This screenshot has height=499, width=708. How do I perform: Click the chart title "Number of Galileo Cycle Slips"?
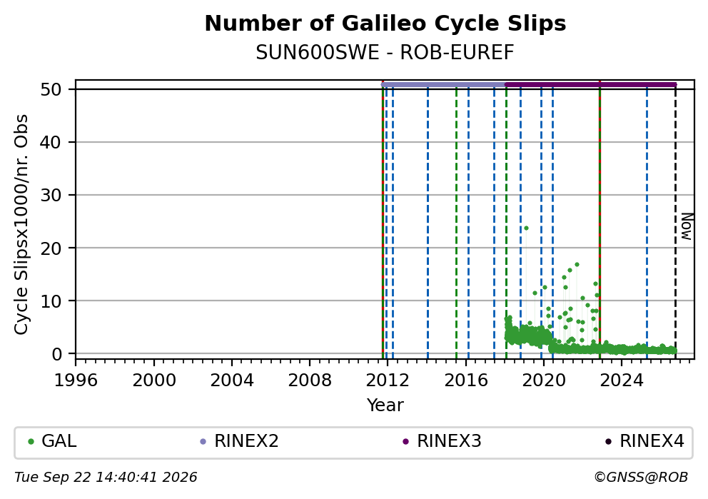tap(385, 24)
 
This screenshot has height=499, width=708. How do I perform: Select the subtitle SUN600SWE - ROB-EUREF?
tap(385, 53)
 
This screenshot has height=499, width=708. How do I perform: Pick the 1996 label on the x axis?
tap(76, 380)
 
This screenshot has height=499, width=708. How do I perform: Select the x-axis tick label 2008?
tap(310, 380)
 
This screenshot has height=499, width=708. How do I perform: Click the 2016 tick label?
tap(466, 380)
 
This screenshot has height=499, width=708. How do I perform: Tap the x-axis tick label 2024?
tap(622, 380)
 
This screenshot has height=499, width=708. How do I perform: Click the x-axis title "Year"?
tap(385, 405)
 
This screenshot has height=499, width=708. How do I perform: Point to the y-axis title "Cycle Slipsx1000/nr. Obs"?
tap(21, 224)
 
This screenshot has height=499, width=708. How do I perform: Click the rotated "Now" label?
tap(687, 227)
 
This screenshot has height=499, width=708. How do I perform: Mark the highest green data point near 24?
tap(526, 228)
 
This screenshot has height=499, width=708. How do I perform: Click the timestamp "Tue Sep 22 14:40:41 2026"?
tap(106, 478)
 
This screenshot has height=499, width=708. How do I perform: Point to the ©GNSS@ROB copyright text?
tap(641, 478)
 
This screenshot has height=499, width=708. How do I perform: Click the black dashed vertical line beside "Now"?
tap(675, 222)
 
